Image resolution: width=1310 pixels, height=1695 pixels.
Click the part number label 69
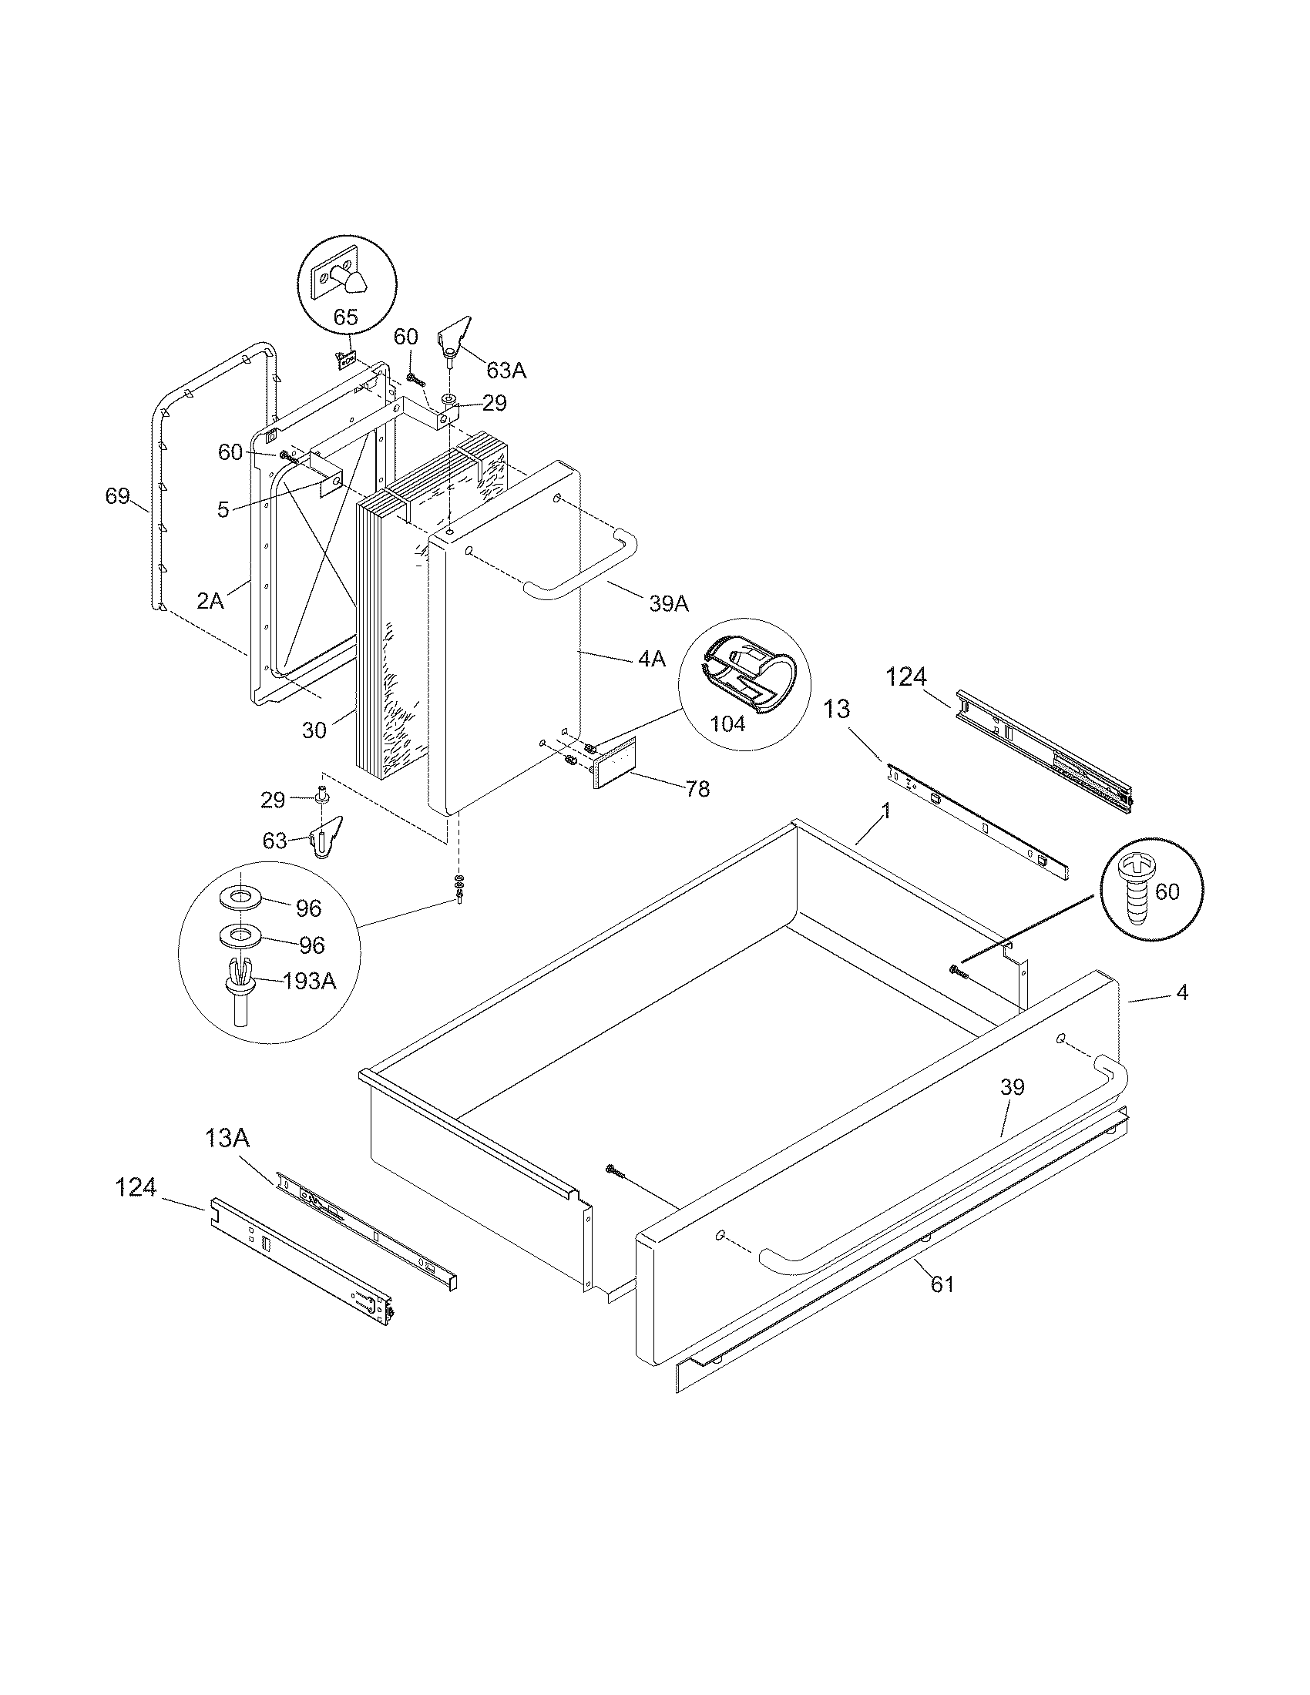pyautogui.click(x=117, y=496)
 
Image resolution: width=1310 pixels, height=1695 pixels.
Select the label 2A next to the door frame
pyautogui.click(x=210, y=600)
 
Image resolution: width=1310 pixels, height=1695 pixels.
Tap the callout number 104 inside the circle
pyautogui.click(x=727, y=723)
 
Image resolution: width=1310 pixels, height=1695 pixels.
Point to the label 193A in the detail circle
pyautogui.click(x=309, y=982)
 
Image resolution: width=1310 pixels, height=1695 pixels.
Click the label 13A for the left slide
pyautogui.click(x=227, y=1139)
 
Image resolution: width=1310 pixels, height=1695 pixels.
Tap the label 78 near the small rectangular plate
pyautogui.click(x=697, y=789)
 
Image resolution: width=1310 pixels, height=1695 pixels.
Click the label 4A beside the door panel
pyautogui.click(x=652, y=659)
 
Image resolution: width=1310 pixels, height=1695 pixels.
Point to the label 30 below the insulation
pyautogui.click(x=314, y=730)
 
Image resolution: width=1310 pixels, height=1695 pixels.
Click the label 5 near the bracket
pyautogui.click(x=223, y=510)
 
